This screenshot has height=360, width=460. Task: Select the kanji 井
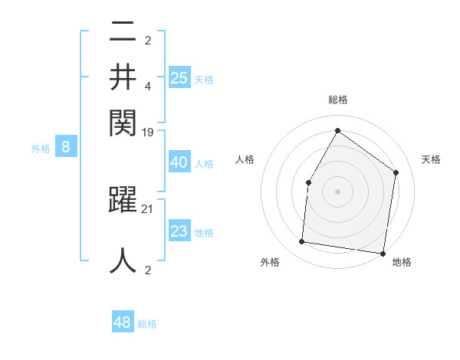pos(123,76)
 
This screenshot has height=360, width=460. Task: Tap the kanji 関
pos(123,120)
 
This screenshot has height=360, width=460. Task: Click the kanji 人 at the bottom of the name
pos(123,259)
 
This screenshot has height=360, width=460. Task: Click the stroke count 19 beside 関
pos(149,132)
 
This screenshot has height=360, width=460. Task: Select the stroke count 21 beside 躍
pos(149,208)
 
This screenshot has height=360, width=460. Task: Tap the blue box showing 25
pos(179,77)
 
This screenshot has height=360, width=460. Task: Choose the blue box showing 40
pos(179,162)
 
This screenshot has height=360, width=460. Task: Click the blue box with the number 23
pos(179,231)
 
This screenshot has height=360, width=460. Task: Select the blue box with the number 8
pos(66,148)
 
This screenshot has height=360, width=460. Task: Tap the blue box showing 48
pos(123,322)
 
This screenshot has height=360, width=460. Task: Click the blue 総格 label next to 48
pos(147,324)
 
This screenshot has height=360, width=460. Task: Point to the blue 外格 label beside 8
pos(41,149)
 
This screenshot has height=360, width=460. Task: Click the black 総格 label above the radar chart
pos(337,100)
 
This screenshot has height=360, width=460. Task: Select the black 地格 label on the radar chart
pos(402,262)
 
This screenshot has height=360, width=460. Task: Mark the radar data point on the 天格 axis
pos(396,172)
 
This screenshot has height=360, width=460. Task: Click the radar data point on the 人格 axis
pos(308,182)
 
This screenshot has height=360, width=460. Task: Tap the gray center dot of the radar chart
pos(337,191)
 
